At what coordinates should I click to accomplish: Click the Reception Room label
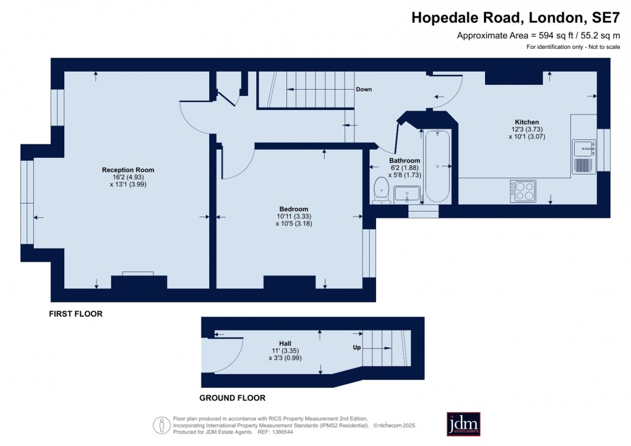coord(128,169)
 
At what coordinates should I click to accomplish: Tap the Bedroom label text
coord(293,209)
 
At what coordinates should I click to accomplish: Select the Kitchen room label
coord(526,122)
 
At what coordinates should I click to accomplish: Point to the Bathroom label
coord(405,161)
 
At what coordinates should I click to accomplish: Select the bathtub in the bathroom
coord(437,166)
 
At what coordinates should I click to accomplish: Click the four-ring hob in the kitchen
coord(523,191)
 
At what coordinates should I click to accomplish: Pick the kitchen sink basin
coord(583,148)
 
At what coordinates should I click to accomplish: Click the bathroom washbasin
coord(407,194)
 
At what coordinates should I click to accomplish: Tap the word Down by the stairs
coord(364,89)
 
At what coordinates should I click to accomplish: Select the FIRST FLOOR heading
coord(75,314)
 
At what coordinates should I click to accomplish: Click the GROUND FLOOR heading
coord(232,398)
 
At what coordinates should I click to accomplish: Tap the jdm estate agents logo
coord(463,424)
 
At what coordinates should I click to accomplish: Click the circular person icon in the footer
coord(161,424)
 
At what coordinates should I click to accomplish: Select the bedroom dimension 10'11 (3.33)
coord(293,217)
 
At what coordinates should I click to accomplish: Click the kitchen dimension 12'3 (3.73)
coord(526,129)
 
